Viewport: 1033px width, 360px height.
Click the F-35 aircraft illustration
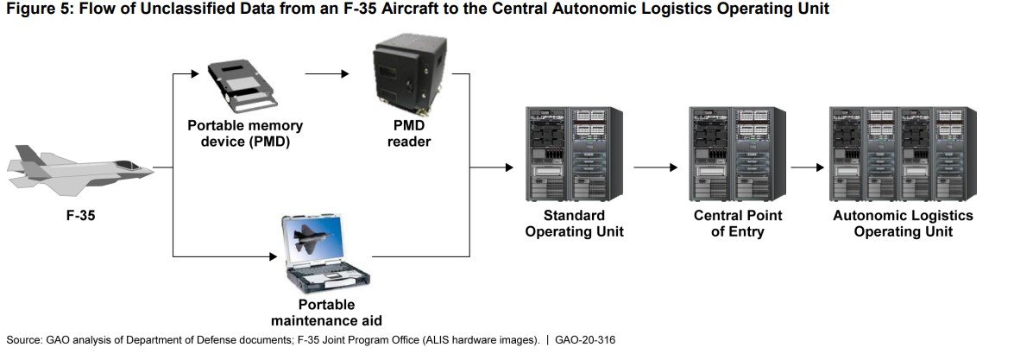point(78,167)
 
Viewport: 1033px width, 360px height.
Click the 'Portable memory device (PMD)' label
point(246,134)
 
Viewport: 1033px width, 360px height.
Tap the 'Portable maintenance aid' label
point(327,313)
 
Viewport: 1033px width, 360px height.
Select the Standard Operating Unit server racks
point(574,154)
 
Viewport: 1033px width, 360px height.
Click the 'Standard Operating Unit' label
point(574,224)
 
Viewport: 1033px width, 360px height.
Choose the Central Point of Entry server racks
point(736,154)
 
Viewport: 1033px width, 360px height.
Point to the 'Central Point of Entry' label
point(736,224)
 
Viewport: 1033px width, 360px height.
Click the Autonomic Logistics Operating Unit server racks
point(903,154)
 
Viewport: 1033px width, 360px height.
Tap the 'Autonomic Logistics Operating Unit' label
point(903,224)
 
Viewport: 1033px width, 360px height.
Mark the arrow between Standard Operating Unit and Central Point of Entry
point(655,167)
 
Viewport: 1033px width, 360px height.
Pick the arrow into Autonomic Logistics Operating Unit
point(807,167)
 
